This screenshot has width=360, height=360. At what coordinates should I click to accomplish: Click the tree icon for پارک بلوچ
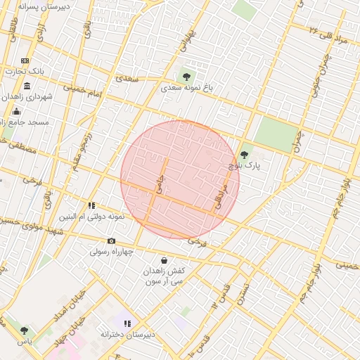coord(244,155)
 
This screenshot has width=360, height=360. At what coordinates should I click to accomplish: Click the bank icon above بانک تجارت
coord(25,61)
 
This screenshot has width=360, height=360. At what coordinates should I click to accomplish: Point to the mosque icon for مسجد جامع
coord(17,111)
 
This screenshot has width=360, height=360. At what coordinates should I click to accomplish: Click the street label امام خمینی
coord(84,91)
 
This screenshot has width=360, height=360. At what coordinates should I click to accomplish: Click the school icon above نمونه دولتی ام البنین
coord(91,205)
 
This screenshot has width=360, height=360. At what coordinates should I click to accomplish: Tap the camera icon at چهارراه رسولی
coord(111,240)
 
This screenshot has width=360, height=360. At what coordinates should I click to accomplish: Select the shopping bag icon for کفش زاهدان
coord(164,260)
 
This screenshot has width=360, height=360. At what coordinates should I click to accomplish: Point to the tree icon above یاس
coord(25,330)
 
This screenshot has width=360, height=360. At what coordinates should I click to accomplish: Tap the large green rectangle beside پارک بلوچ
coord(276,133)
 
